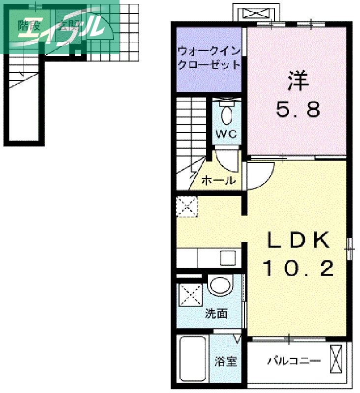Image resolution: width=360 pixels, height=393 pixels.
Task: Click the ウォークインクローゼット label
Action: [209, 57]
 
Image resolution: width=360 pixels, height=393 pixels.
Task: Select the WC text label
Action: [226, 133]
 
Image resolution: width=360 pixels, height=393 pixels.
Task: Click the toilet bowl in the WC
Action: [227, 115]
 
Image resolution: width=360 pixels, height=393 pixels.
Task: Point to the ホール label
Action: [218, 180]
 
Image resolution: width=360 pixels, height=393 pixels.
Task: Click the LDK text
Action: [298, 240]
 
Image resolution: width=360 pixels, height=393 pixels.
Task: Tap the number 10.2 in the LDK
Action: [298, 268]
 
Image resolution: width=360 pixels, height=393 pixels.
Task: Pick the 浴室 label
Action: [226, 362]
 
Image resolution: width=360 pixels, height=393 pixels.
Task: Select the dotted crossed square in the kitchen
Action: [187, 206]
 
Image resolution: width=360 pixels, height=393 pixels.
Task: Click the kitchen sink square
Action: [228, 257]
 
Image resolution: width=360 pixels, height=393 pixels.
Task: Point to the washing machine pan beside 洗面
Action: [189, 294]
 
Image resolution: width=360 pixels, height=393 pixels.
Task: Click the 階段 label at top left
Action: [29, 26]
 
